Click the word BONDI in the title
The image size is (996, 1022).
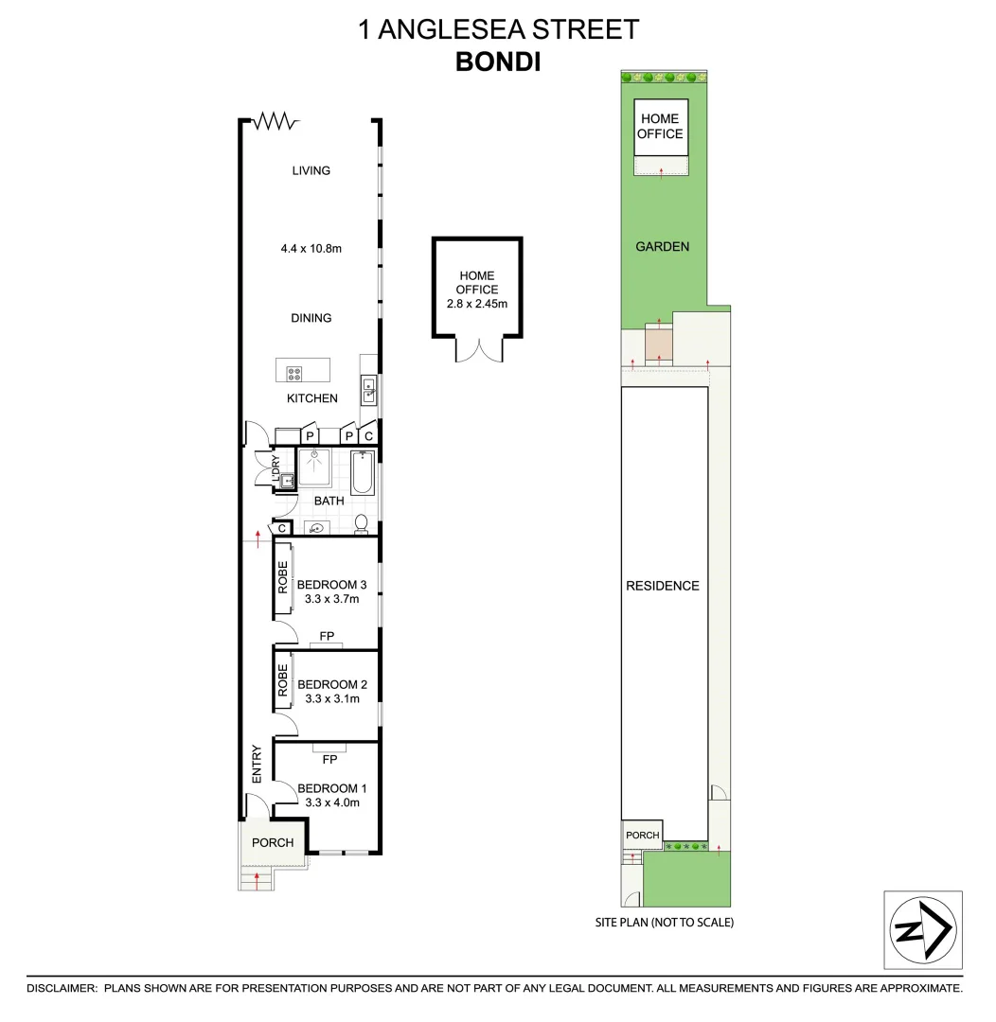tap(498, 62)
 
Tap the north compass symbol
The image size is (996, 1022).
tap(922, 929)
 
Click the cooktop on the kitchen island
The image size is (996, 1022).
tap(294, 373)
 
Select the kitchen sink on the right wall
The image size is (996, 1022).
tap(368, 389)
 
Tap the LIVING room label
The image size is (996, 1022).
tap(311, 171)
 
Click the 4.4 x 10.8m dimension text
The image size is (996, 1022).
tap(311, 249)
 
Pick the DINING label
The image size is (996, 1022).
tap(311, 318)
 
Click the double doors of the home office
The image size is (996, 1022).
tap(477, 349)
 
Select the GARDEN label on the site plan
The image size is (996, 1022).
tap(662, 247)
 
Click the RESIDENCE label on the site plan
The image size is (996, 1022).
tap(662, 586)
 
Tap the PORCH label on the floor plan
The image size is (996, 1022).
tap(272, 842)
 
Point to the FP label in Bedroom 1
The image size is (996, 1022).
tap(329, 759)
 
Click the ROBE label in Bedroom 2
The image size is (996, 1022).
tap(282, 680)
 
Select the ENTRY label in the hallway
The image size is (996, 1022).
tap(256, 764)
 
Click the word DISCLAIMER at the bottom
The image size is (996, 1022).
tap(62, 988)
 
